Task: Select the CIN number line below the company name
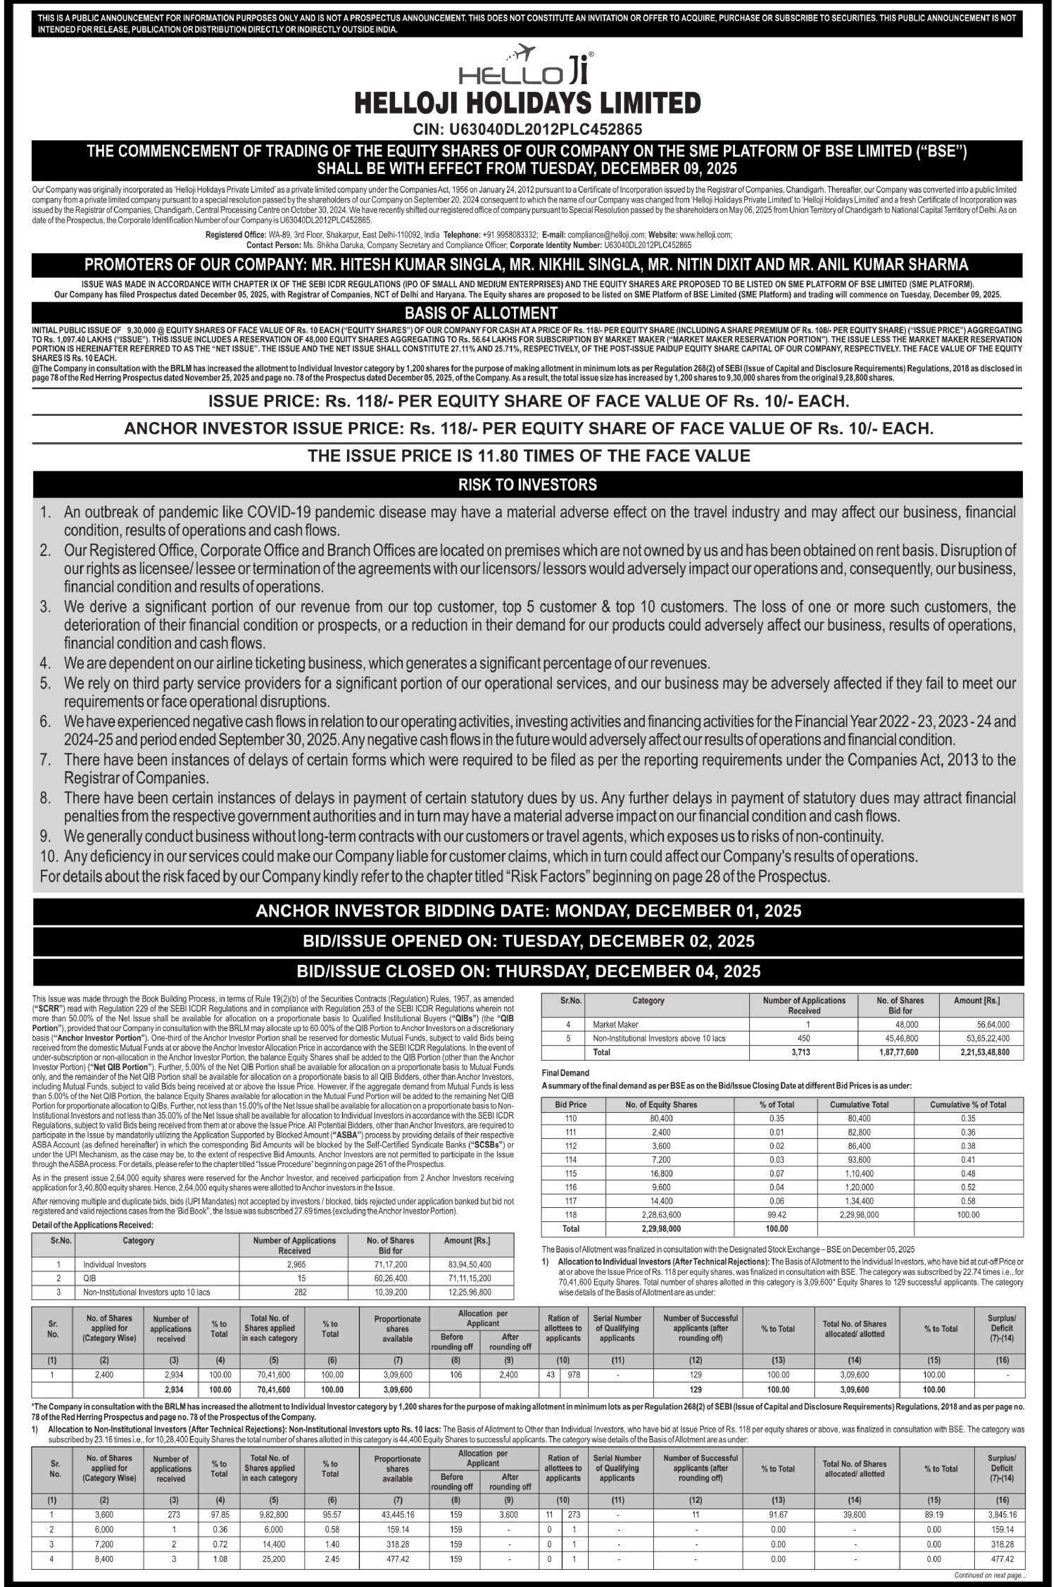527,129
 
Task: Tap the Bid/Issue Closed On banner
527,971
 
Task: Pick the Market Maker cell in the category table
616,1024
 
